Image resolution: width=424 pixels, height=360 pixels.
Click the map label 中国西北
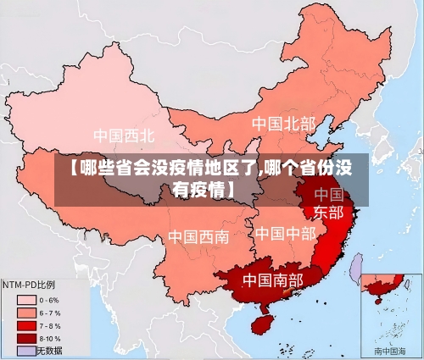point(124,136)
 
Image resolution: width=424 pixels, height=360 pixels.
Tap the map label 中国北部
point(283,124)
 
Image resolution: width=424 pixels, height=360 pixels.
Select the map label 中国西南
point(198,236)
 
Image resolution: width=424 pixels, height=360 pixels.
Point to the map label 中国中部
point(285,233)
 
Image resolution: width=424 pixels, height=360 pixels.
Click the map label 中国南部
point(272,279)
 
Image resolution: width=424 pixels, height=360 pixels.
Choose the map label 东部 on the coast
point(328,212)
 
